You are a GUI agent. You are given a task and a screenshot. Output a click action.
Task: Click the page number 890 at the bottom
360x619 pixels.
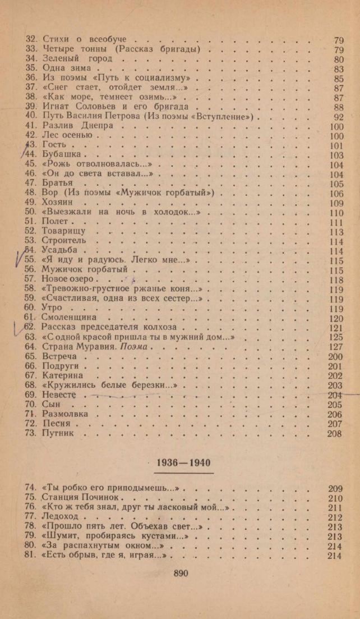coord(179,574)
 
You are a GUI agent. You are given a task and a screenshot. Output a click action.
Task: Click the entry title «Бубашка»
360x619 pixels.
coord(63,155)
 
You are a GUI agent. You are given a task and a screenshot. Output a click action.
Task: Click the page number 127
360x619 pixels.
coord(336,347)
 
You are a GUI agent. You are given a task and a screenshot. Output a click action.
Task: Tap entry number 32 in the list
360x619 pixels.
coord(32,40)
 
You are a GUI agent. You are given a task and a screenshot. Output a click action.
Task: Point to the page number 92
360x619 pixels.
coord(338,117)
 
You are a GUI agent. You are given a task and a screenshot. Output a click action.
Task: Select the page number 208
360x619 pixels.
coord(335,434)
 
